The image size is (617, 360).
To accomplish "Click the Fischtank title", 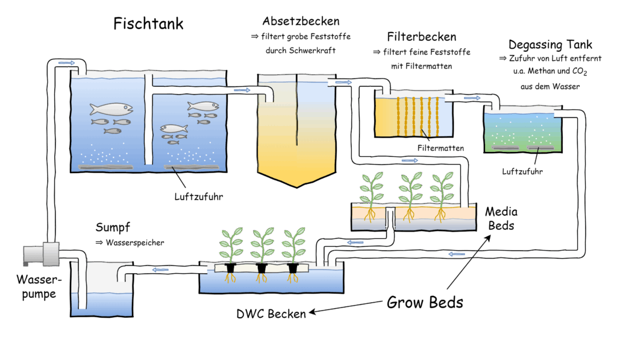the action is pos(148,24).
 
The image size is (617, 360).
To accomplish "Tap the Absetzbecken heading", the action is pos(301,21).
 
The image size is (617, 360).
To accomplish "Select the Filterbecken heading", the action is pos(421,37).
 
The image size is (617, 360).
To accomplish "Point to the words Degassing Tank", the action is pos(550,45).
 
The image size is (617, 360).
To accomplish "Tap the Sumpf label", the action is pos(113,228).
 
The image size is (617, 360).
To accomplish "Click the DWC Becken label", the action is pos(271,314).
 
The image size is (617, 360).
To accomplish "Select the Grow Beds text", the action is pos(425,303).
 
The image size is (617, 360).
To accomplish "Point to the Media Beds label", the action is pos(501,219).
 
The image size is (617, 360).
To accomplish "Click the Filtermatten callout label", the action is pos(440,148).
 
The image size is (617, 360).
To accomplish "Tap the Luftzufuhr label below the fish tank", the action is pos(199,197).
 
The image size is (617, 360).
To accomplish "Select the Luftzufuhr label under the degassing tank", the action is pos(522,171).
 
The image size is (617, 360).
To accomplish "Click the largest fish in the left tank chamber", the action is pos(111,109).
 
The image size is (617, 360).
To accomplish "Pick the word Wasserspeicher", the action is pos(135,242).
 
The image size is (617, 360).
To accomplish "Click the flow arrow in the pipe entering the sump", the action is pos(160,270).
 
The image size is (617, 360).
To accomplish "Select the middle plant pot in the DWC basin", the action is pos(262,268).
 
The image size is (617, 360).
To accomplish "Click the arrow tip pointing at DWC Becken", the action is pos(309,312).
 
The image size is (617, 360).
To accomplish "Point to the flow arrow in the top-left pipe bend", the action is pos(66,63).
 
